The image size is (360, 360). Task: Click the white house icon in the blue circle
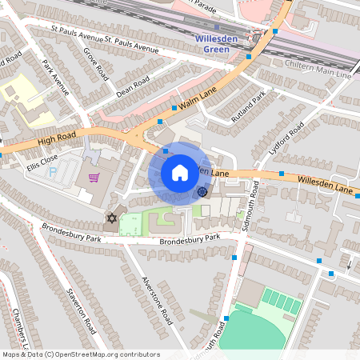[180, 172]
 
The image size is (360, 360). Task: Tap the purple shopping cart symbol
[94, 178]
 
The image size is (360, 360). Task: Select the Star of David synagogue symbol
[111, 218]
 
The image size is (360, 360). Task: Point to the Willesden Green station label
[213, 44]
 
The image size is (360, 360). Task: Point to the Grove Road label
[96, 63]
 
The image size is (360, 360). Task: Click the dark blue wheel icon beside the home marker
[202, 191]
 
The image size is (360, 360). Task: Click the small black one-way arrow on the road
[349, 264]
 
